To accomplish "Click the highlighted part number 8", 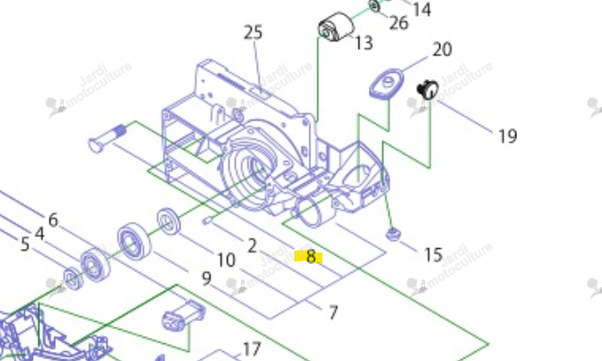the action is pyautogui.click(x=310, y=257).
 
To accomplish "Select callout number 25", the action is pyautogui.click(x=253, y=32).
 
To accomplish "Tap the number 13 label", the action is pyautogui.click(x=363, y=43).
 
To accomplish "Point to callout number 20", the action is pyautogui.click(x=442, y=50).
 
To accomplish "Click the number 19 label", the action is pyautogui.click(x=507, y=136).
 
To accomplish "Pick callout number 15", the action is pyautogui.click(x=433, y=254).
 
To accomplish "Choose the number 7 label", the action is pyautogui.click(x=333, y=312).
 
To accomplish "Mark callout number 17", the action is pyautogui.click(x=253, y=349).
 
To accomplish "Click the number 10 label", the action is pyautogui.click(x=226, y=261).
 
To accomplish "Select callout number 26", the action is pyautogui.click(x=398, y=23).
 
